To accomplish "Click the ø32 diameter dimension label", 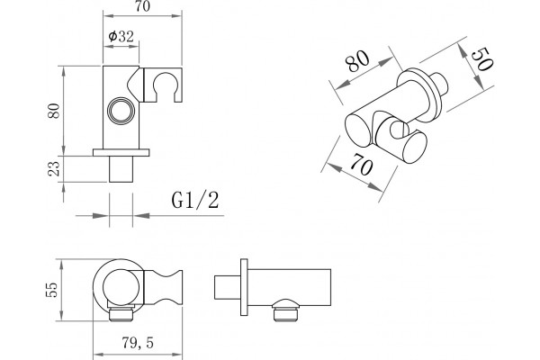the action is tap(121, 36).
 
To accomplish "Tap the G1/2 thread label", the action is tap(195, 200).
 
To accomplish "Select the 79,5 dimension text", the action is tap(138, 343).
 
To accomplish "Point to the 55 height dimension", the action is tap(52, 290).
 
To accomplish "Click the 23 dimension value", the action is tap(54, 169).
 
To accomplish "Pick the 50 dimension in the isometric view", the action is tap(481, 59).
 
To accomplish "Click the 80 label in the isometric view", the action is tap(357, 61).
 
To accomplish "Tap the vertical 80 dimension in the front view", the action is tap(54, 111).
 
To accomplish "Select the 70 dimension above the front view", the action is tap(142, 6).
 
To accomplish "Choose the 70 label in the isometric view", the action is tap(361, 164).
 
